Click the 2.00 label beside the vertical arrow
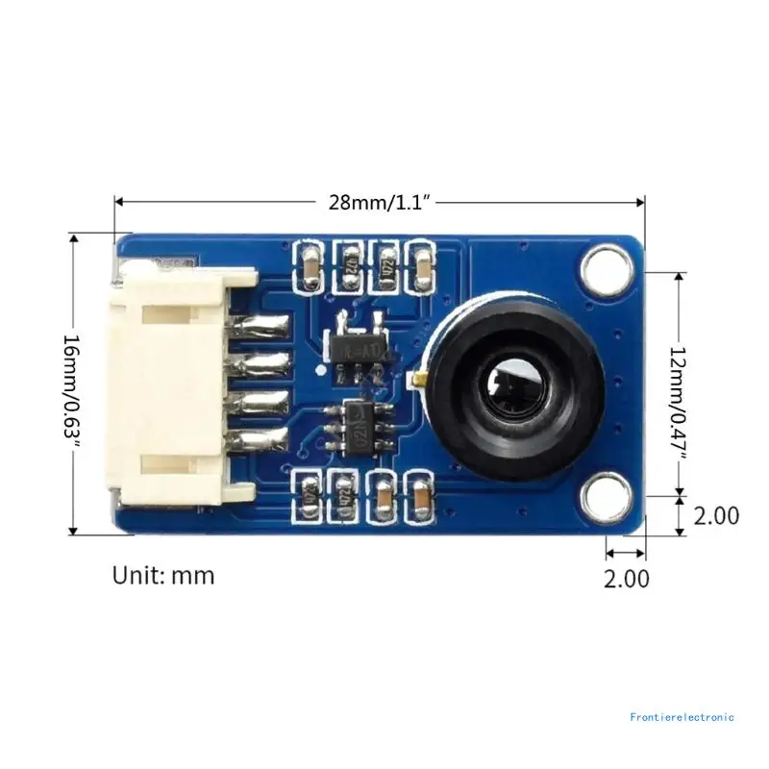tap(716, 515)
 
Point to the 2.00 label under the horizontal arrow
tap(626, 579)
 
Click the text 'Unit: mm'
tap(163, 576)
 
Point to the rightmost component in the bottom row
tap(421, 497)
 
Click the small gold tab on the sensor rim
tap(421, 382)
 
